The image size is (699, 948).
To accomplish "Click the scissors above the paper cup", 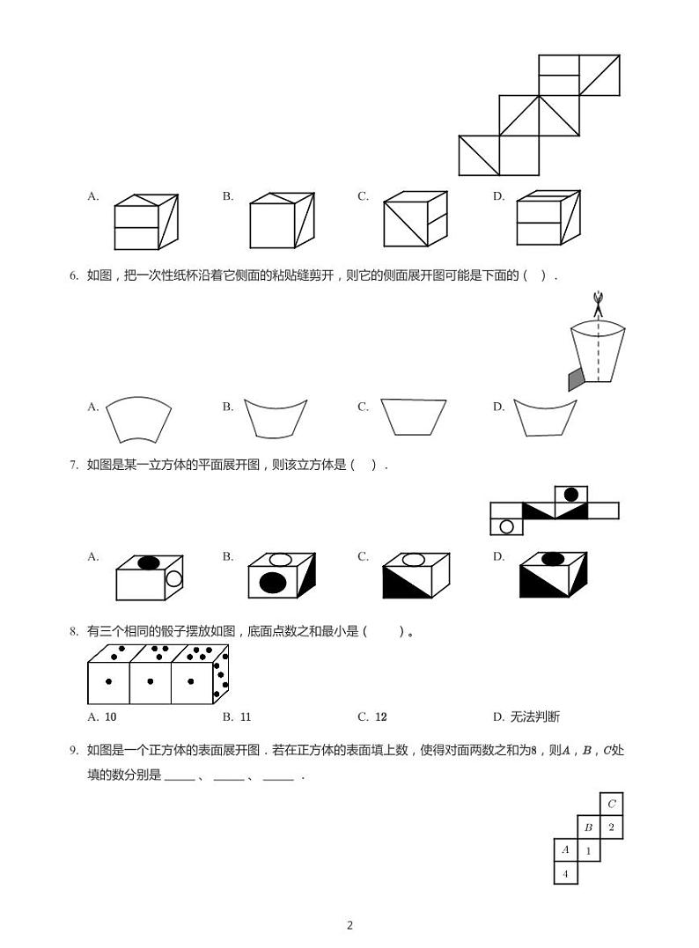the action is click(598, 305).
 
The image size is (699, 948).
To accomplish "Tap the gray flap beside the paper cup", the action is click(576, 378).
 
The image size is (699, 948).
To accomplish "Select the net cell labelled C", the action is click(612, 804).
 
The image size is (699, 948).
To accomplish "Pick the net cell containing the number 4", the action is click(565, 873).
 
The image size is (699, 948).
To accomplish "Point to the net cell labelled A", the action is click(565, 850).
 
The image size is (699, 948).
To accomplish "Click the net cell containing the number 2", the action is click(612, 827).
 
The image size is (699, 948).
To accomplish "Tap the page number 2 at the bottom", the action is click(349, 925).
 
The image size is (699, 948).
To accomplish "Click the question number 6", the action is click(74, 276).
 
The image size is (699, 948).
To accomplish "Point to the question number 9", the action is click(74, 751).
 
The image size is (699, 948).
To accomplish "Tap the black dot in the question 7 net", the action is click(571, 495).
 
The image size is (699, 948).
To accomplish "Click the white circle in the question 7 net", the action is click(506, 526).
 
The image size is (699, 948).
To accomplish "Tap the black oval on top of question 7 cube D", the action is click(553, 559).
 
